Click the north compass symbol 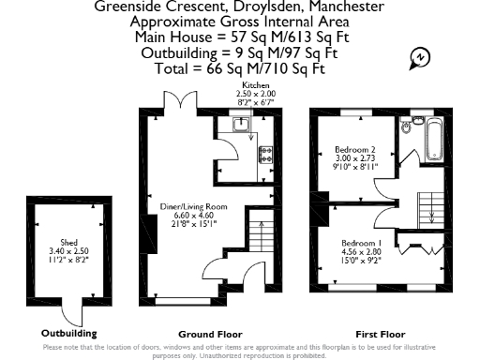(x=419, y=59)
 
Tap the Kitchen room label (x=255, y=84)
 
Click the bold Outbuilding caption (x=68, y=333)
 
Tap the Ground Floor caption (x=210, y=334)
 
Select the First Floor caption (x=381, y=334)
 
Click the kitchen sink (x=239, y=123)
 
